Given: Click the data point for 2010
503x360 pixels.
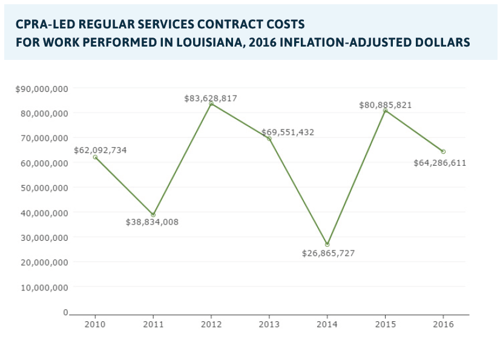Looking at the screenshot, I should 95,157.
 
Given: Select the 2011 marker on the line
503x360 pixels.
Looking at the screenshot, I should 153,215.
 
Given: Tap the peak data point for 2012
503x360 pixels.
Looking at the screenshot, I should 211,104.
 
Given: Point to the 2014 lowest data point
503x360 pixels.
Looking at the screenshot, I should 327,244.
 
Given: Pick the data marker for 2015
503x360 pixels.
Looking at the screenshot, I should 385,110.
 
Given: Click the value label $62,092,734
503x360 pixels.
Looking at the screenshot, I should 100,150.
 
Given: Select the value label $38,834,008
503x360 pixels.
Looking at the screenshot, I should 152,222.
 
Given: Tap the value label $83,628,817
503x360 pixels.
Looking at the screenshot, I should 211,98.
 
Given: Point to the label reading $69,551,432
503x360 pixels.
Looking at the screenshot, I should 288,132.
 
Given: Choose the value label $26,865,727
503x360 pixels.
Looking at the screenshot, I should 328,254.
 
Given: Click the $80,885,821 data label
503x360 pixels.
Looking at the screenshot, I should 385,105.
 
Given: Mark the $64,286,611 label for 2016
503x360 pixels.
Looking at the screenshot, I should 439,163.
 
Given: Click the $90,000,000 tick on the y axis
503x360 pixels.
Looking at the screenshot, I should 42,88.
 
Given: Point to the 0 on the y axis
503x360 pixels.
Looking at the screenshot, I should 65,312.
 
